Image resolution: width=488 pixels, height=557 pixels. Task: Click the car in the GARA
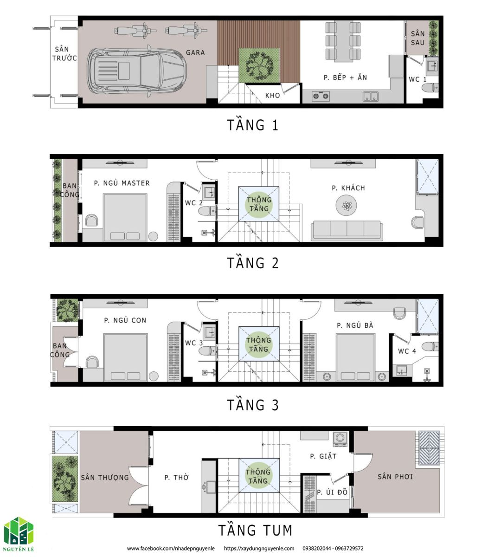pos(136,71)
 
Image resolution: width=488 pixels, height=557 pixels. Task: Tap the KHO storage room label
pos(272,96)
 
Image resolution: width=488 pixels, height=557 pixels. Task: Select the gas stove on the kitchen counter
pos(321,96)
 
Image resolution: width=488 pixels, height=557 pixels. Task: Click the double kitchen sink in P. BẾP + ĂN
pos(370,96)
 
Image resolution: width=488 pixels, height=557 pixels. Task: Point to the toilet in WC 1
pos(430,88)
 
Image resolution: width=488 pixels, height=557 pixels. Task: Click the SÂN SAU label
pos(417,38)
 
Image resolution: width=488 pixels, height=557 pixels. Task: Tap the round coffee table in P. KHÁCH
pos(346,205)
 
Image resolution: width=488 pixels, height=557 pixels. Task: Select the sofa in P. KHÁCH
pos(347,230)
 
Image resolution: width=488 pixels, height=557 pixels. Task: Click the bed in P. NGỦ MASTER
pos(125,218)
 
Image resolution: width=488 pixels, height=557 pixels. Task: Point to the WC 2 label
pos(194,203)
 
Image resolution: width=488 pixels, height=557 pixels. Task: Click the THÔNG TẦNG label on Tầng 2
pos(259,204)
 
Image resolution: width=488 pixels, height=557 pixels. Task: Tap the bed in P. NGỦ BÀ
pos(355,357)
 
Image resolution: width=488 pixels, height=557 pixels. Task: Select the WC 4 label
pos(407,351)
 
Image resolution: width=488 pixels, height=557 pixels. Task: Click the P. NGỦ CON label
pos(125,320)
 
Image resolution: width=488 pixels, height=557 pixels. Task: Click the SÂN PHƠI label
pos(395,476)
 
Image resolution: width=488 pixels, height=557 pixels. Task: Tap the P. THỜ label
pos(176,477)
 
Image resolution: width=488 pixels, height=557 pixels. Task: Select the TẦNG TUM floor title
pos(255,530)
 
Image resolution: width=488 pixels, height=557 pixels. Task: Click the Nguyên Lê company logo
pos(19,534)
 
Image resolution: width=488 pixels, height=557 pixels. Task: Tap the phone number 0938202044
pos(316,548)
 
